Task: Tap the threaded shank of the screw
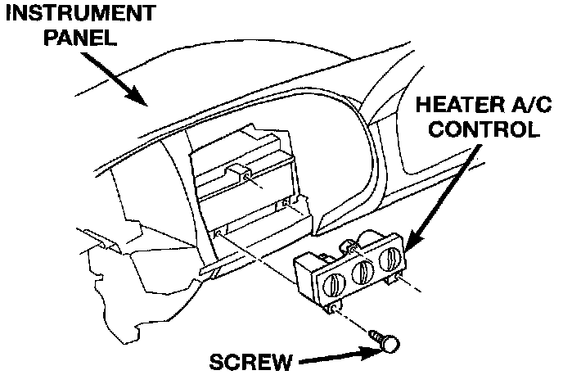coord(377,336)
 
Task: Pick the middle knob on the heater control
coord(361,273)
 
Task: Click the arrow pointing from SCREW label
coord(336,356)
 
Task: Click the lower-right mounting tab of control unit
coord(399,280)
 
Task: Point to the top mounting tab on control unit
coord(349,243)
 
